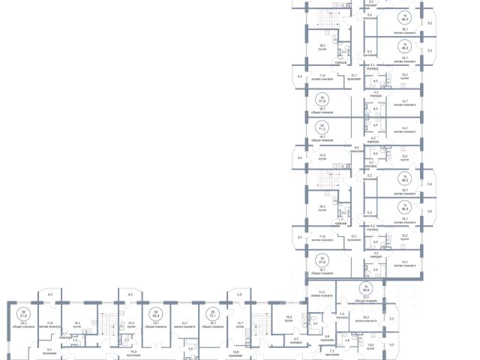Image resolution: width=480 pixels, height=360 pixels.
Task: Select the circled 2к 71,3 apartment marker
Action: [322, 127]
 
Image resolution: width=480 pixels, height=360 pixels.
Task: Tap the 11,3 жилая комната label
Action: [322, 293]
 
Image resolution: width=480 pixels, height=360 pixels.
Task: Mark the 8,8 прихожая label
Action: [327, 337]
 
